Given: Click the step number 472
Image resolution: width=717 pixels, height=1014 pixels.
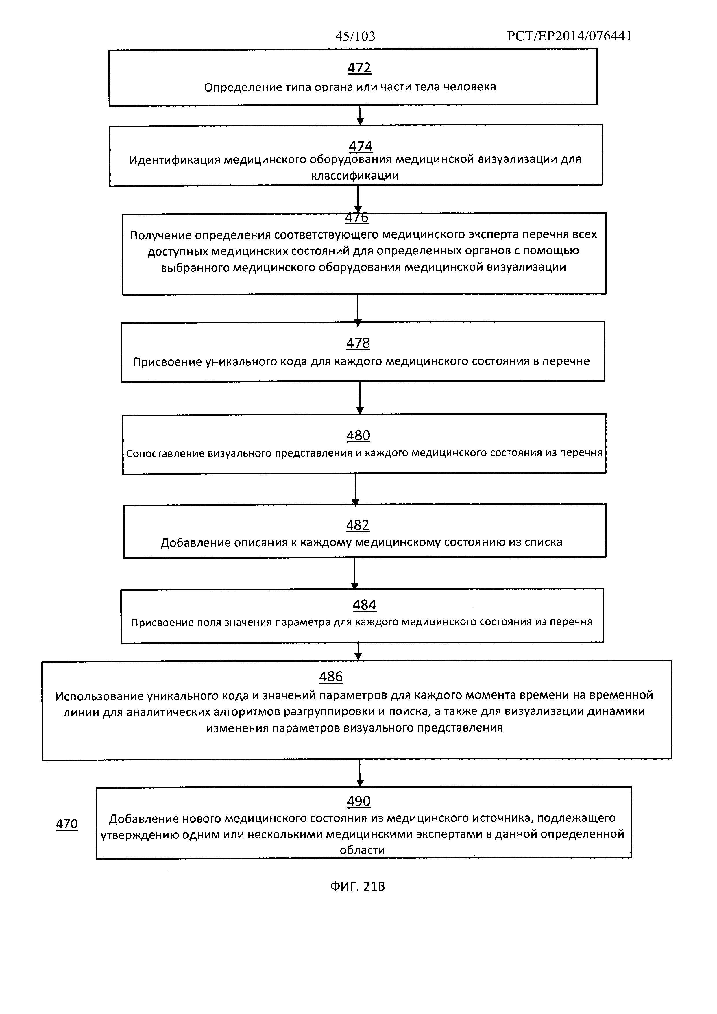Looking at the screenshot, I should click(359, 68).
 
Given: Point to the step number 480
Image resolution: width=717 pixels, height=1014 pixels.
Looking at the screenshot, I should click(358, 435).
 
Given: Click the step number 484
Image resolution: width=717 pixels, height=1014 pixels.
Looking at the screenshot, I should click(364, 605).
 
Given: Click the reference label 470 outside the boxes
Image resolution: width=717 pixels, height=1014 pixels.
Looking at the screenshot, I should click(67, 824).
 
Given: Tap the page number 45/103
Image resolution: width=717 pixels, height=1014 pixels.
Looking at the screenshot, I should click(355, 36).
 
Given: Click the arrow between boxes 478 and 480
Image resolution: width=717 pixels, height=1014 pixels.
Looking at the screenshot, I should click(360, 398).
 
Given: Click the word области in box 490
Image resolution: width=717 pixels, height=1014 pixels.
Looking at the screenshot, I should click(362, 850).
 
